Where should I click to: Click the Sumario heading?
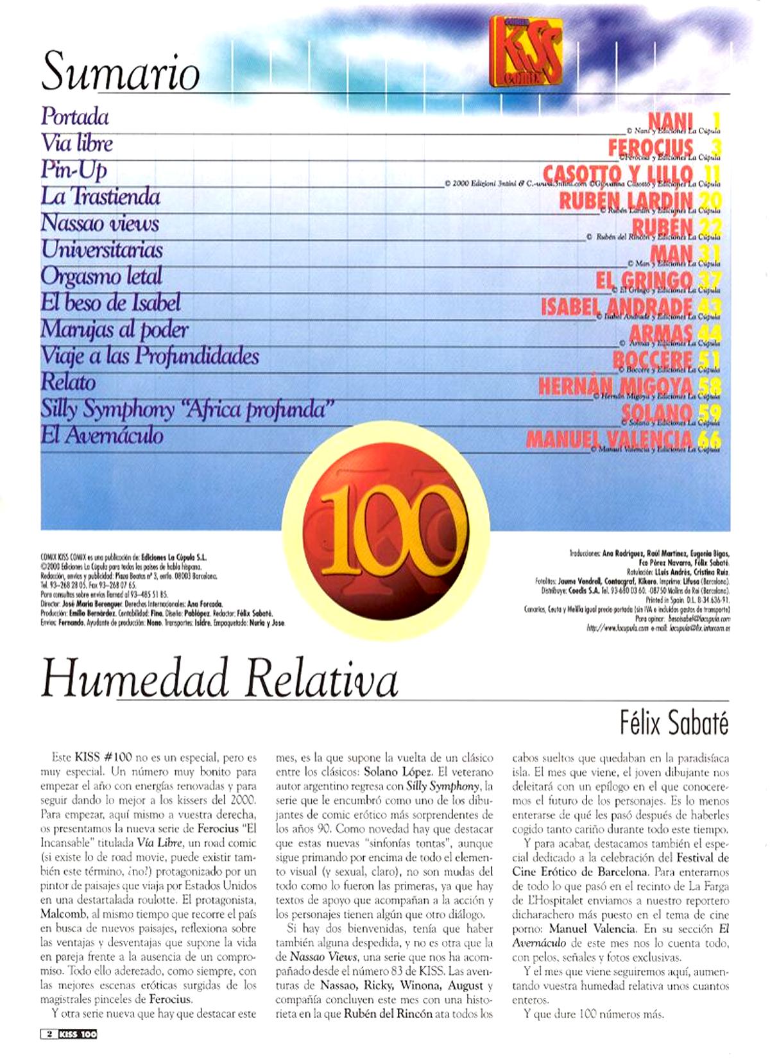point(121,71)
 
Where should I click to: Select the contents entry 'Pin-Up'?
point(74,169)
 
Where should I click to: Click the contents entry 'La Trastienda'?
point(101,196)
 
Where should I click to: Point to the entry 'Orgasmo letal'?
point(101,276)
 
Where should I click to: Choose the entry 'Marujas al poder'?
point(114,329)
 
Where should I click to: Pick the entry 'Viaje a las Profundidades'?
point(150,356)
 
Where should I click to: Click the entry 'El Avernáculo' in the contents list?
point(102,436)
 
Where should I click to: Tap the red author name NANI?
point(671,120)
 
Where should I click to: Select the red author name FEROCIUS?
point(651,147)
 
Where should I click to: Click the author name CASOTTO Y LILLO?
point(617,173)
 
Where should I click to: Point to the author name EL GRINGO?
point(644,280)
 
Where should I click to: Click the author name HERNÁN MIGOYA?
point(615,386)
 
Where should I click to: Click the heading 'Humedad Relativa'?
point(220,680)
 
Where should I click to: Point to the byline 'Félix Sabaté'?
point(674,723)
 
